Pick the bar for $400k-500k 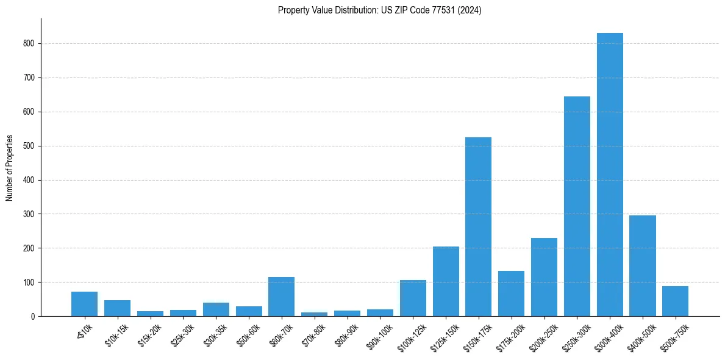(643, 265)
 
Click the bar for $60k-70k (281, 297)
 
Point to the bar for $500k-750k (675, 301)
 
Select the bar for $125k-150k (446, 281)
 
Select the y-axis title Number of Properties (10, 168)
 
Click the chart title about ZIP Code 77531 (379, 10)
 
